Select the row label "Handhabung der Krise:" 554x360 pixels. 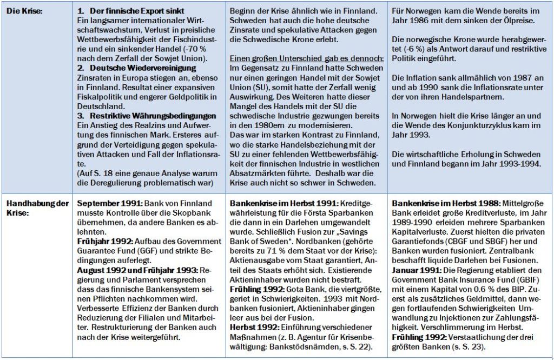point(37,208)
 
